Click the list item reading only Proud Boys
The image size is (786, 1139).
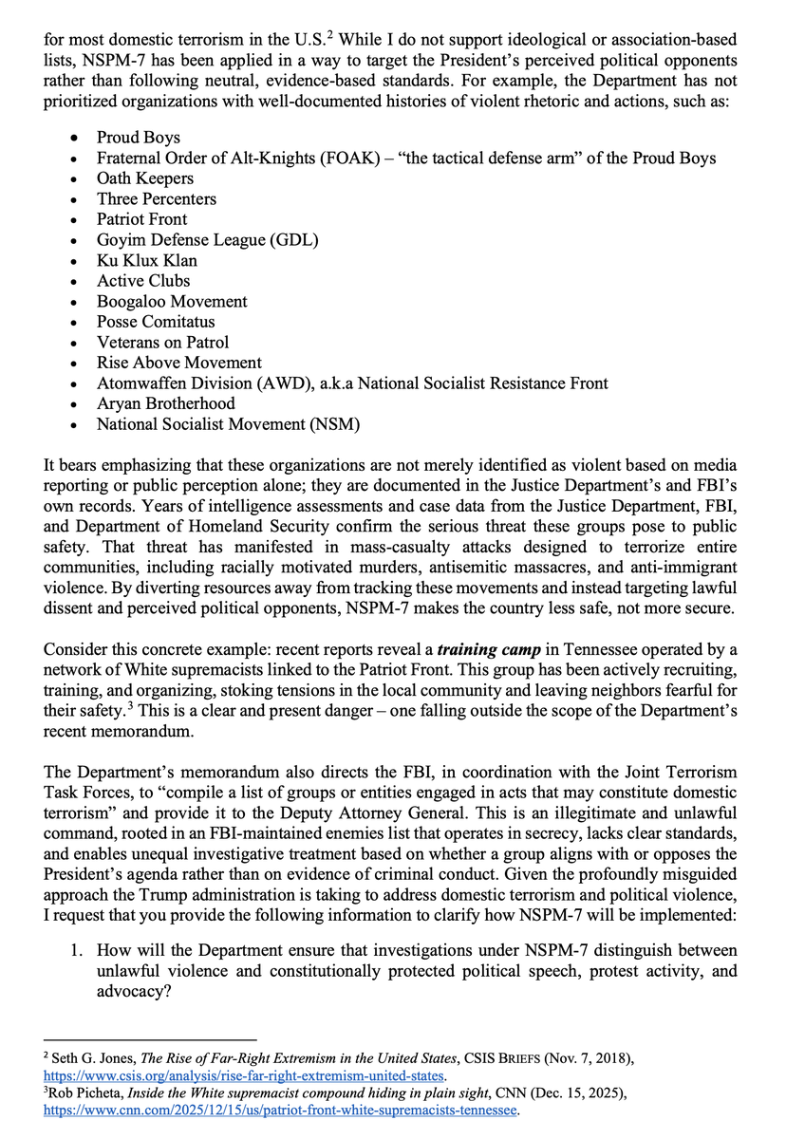click(x=138, y=138)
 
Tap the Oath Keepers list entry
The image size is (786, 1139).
click(x=144, y=178)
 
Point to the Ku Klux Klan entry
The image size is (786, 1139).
click(x=147, y=260)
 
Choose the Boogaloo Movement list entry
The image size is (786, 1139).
click(x=172, y=302)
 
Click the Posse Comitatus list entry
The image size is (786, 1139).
click(x=156, y=322)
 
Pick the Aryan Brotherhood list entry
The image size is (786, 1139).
click(x=165, y=403)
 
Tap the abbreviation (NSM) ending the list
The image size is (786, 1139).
click(x=334, y=424)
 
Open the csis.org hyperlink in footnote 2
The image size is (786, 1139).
click(x=245, y=1076)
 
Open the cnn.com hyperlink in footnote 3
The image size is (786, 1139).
click(x=285, y=1110)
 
